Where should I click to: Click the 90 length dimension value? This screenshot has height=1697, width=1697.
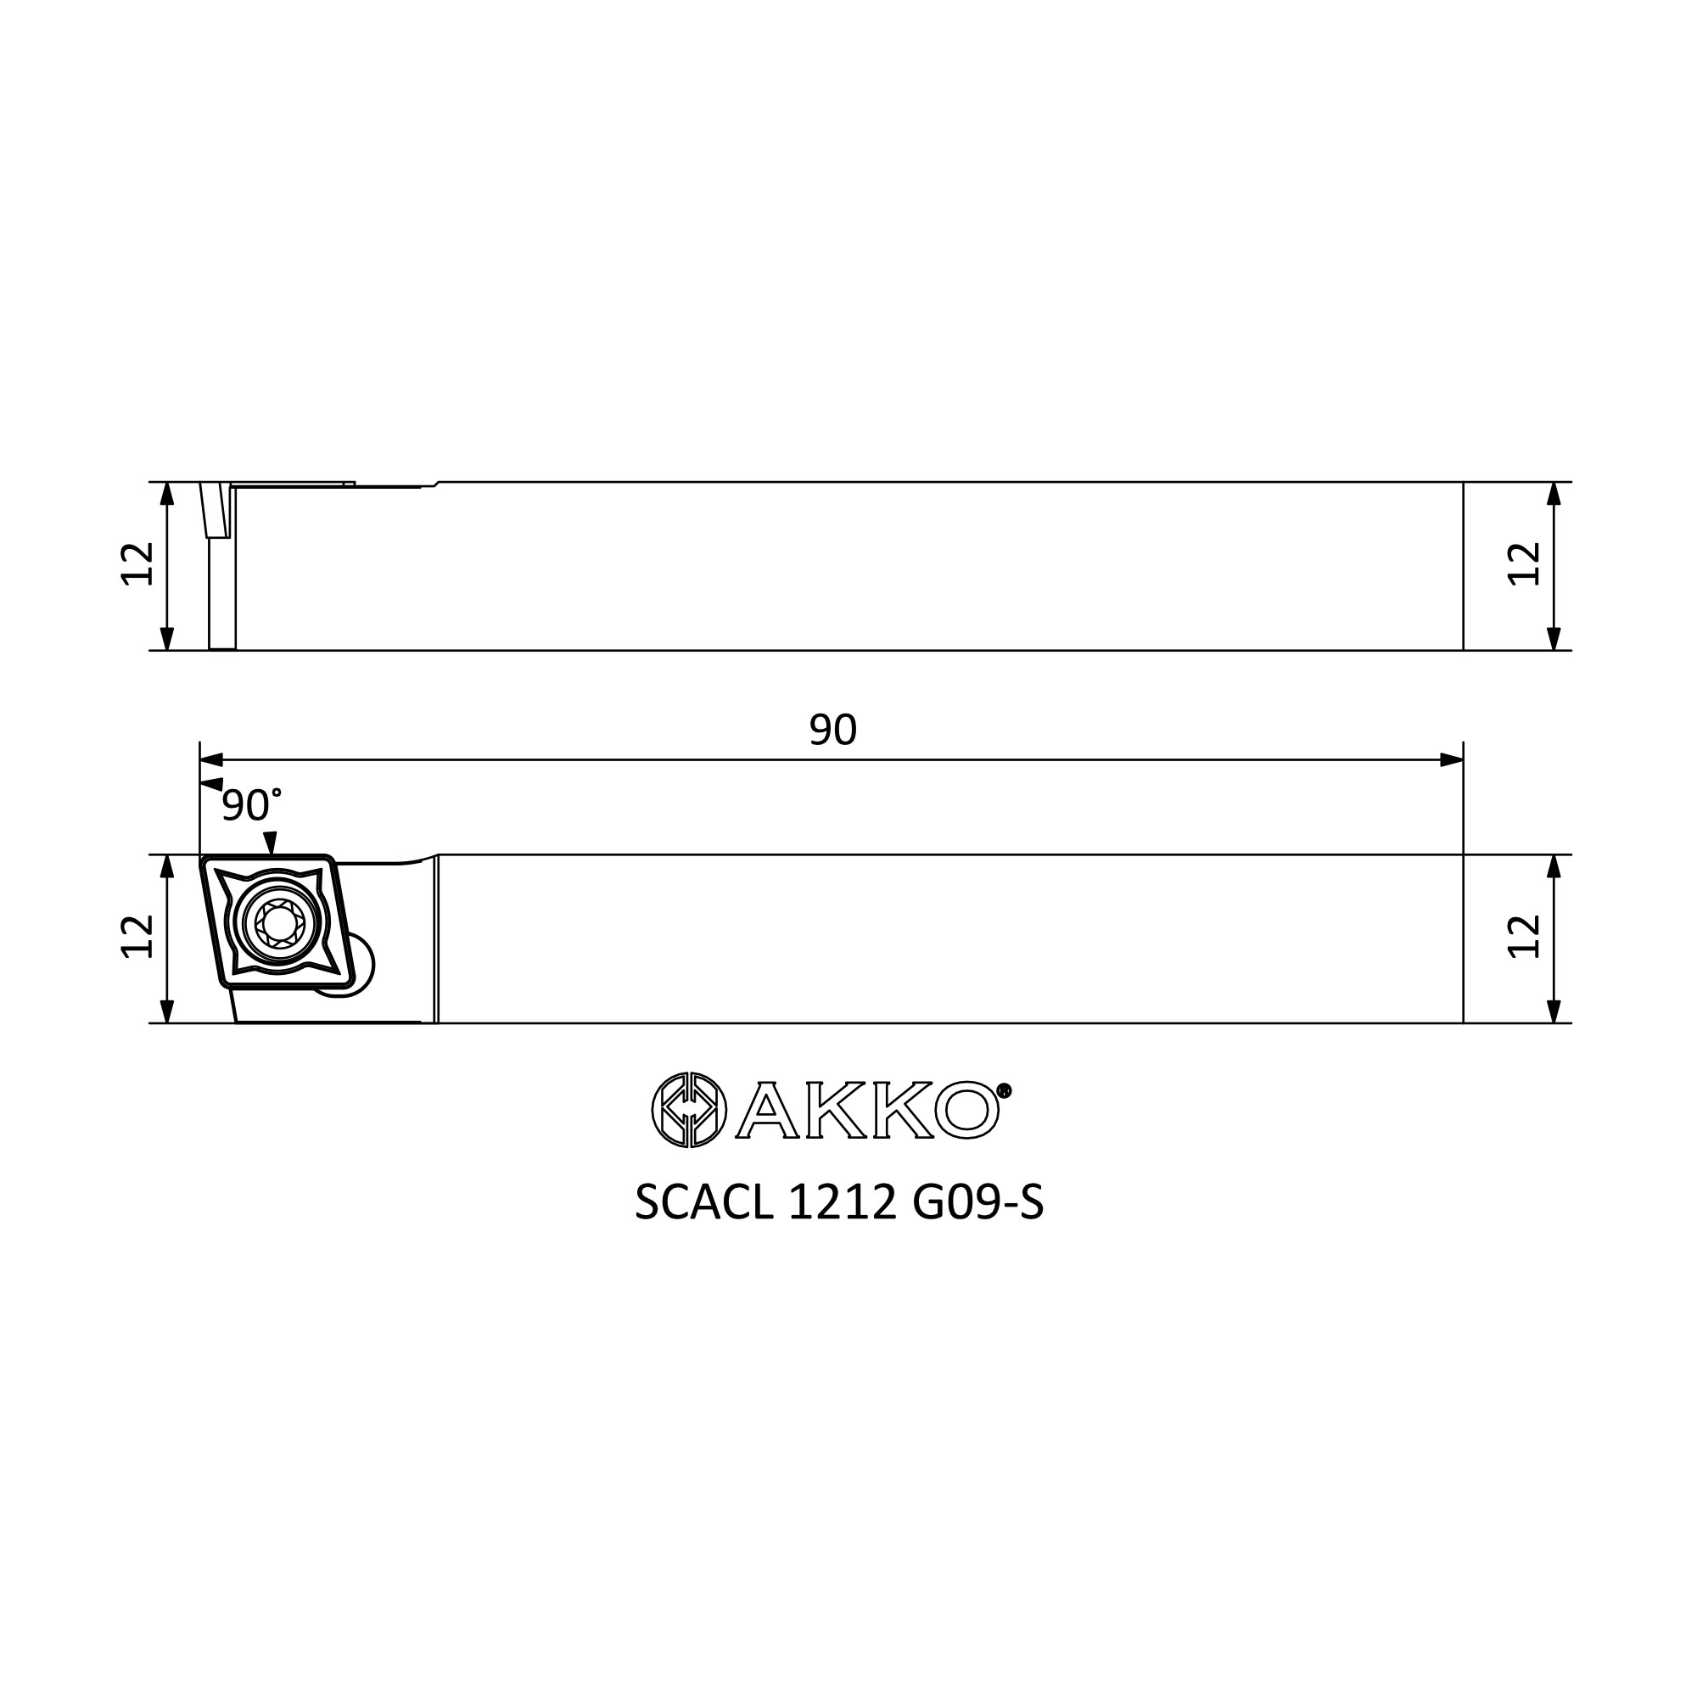(832, 730)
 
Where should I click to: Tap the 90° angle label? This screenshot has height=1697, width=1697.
(251, 804)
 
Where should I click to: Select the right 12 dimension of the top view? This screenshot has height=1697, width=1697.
(1525, 564)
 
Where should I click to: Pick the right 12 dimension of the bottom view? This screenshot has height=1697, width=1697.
(1525, 937)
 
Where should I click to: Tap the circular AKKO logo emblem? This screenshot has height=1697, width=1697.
(690, 1110)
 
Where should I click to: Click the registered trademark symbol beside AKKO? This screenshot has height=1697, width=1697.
(1005, 1091)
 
